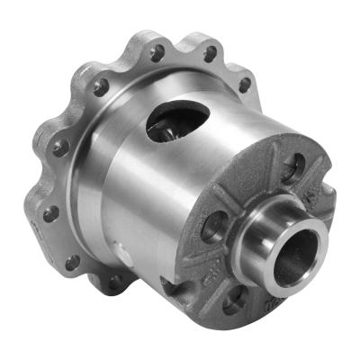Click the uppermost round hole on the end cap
click(293, 166)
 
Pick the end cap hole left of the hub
click(216, 226)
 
